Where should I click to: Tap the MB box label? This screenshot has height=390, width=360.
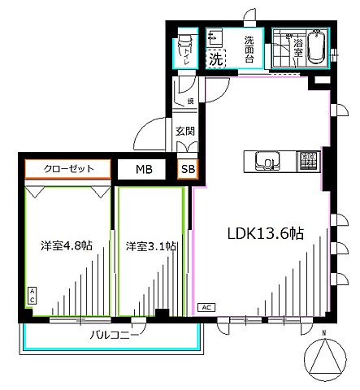(x=143, y=169)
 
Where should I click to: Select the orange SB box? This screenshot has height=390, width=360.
(x=188, y=169)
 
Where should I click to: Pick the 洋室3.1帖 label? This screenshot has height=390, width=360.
(x=152, y=245)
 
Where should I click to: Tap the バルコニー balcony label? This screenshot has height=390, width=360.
(x=110, y=333)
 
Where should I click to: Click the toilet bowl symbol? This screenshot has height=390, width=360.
(x=184, y=41)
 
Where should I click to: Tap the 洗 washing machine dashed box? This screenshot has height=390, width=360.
(x=215, y=58)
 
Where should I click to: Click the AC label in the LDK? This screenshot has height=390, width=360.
(x=206, y=307)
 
